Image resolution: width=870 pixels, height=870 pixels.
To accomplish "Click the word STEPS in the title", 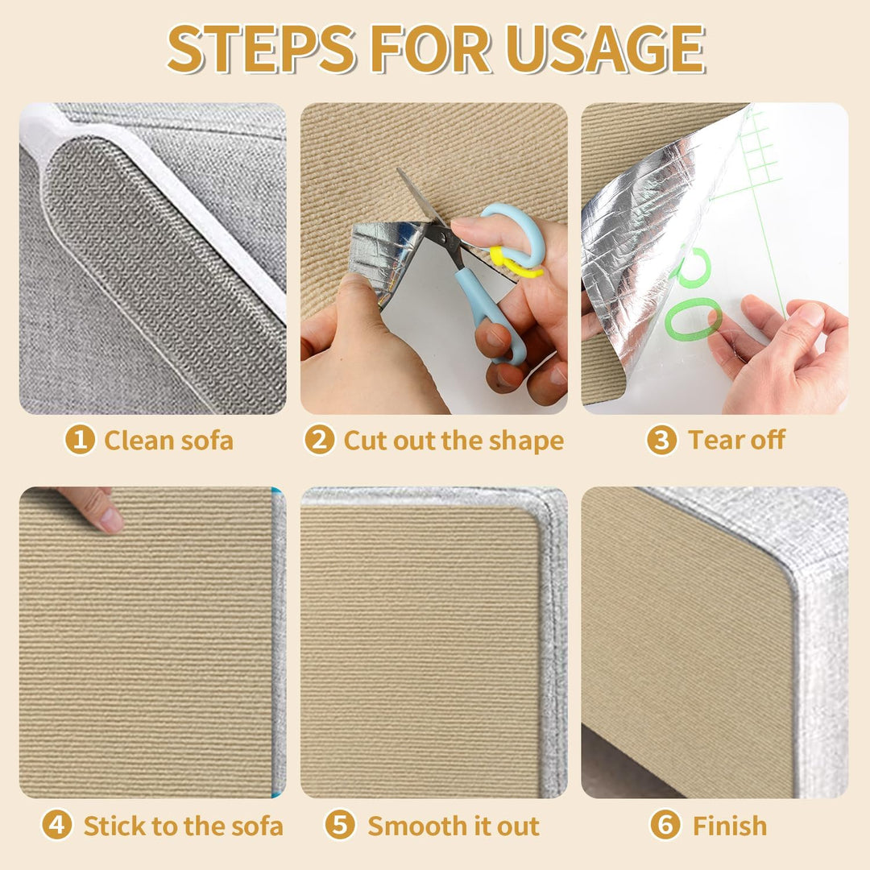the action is [261, 49].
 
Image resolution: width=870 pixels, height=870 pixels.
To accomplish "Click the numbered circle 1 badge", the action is [80, 440].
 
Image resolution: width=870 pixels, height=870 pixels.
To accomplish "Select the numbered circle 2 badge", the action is [320, 440].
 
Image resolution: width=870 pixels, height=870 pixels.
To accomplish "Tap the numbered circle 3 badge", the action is [662, 440].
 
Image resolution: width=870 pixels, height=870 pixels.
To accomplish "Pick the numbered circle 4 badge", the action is [57, 825].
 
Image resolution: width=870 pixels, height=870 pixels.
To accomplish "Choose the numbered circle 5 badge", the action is [340, 825].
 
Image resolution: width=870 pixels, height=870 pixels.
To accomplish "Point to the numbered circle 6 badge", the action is [665, 825].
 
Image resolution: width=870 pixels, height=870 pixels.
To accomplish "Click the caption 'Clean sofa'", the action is [168, 441].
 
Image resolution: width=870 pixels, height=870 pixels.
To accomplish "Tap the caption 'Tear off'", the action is [736, 440].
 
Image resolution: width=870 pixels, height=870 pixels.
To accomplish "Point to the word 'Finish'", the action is [730, 826].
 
